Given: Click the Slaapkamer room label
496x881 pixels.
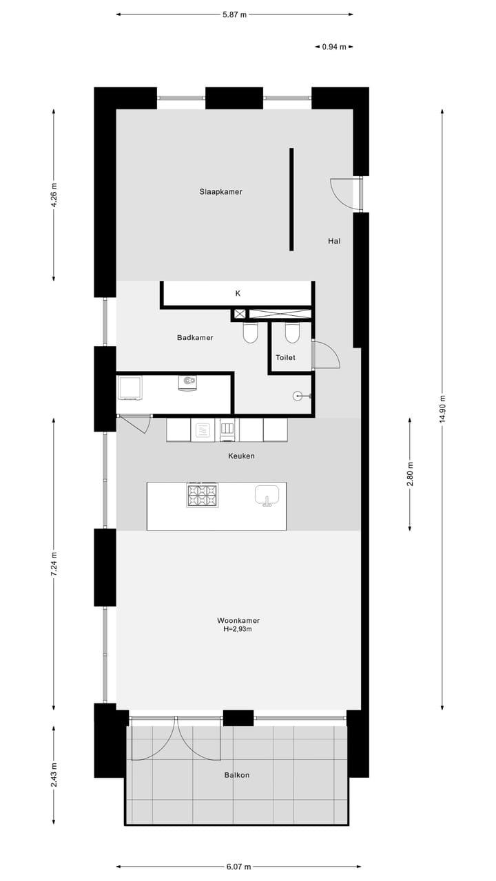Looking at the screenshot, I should click(x=220, y=191).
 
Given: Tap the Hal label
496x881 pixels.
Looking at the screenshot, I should click(x=334, y=241).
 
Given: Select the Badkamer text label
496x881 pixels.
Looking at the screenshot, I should click(x=195, y=337).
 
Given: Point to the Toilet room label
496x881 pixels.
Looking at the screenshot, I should click(x=285, y=358).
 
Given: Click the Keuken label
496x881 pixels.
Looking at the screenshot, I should click(x=241, y=456).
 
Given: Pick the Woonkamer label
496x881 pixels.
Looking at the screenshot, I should click(x=238, y=620).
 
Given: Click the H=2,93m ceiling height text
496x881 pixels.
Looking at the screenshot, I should click(x=238, y=629).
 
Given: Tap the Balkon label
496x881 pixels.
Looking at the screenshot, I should click(x=237, y=775).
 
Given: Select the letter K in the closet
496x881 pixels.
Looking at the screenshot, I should click(x=238, y=293).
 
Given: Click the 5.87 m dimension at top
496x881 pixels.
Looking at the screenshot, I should click(x=234, y=14).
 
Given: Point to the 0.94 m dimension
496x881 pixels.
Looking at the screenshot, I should click(x=334, y=47).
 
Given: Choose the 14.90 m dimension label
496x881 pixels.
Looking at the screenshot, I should click(x=442, y=410).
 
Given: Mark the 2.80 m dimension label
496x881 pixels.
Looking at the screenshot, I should click(x=410, y=474).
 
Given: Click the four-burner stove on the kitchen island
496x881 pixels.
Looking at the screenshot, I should click(x=202, y=495).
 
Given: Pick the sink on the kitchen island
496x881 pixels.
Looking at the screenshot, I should click(x=267, y=494).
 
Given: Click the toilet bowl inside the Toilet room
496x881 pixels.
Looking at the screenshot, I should click(x=293, y=333).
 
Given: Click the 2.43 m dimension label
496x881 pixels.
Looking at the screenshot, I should click(x=54, y=774).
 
